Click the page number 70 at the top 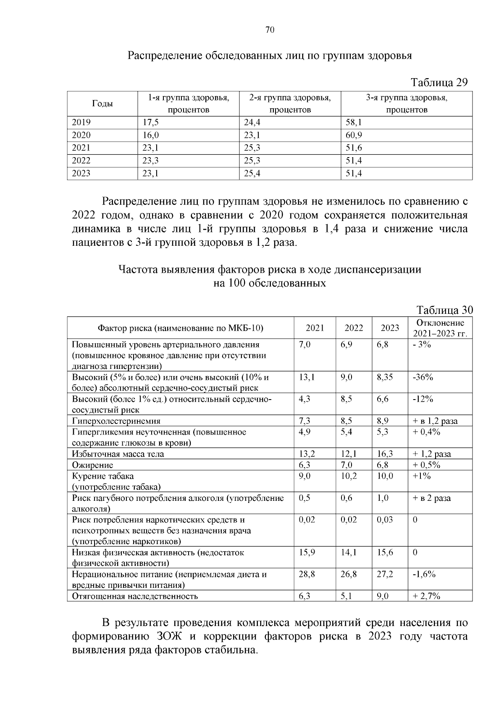[x=270, y=30]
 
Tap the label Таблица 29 [x=439, y=82]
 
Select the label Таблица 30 [x=444, y=310]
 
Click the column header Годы [x=102, y=104]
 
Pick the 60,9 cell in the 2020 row [x=354, y=135]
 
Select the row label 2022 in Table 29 [x=81, y=160]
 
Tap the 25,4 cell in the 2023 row [x=252, y=174]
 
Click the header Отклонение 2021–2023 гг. [x=440, y=328]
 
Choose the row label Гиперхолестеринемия [x=116, y=421]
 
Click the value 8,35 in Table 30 [x=385, y=377]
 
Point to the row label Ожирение [x=92, y=465]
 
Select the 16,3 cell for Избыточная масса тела [x=385, y=454]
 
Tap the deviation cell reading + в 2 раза [x=432, y=498]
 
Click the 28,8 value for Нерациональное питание [x=307, y=574]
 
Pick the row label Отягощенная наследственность [x=135, y=596]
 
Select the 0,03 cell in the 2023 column [x=385, y=520]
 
